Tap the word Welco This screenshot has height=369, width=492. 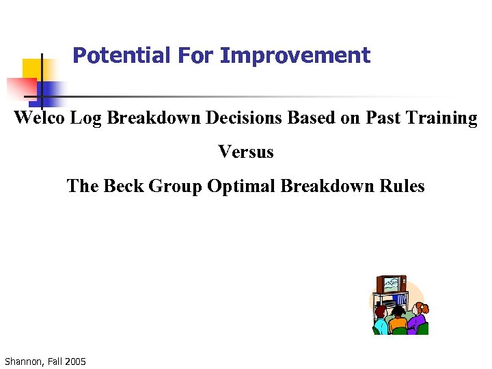pyautogui.click(x=40, y=118)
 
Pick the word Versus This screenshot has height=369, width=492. pyautogui.click(x=246, y=152)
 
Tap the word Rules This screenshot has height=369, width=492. pyautogui.click(x=403, y=186)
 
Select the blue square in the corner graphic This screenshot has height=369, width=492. pyautogui.click(x=49, y=90)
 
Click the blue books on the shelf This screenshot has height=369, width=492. pyautogui.click(x=400, y=299)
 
